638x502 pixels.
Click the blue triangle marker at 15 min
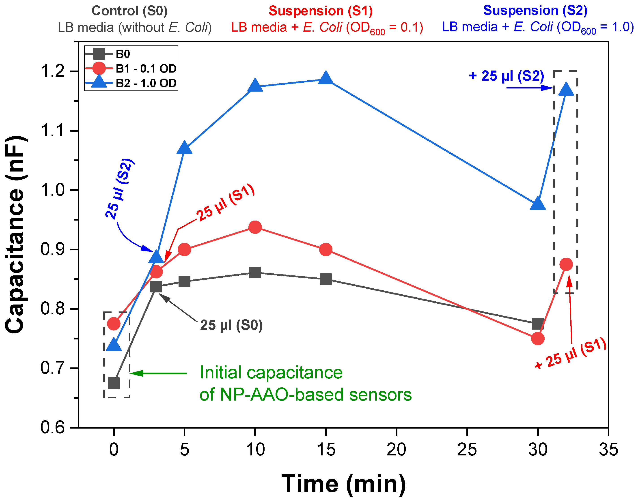pyautogui.click(x=325, y=78)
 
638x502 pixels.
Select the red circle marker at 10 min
pyautogui.click(x=255, y=227)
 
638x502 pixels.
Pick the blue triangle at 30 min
pyautogui.click(x=538, y=204)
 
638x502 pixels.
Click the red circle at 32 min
pyautogui.click(x=566, y=264)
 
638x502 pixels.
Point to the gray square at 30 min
pyautogui.click(x=538, y=324)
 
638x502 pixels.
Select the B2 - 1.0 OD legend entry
pyautogui.click(x=146, y=83)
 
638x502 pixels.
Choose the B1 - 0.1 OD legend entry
pyautogui.click(x=146, y=69)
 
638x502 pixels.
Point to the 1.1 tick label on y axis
pyautogui.click(x=53, y=130)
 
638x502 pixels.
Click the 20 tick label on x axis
pyautogui.click(x=396, y=450)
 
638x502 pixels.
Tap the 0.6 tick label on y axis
pyautogui.click(x=53, y=427)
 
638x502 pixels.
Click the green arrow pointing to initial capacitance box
pyautogui.click(x=158, y=373)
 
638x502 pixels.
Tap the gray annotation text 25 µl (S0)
pyautogui.click(x=231, y=325)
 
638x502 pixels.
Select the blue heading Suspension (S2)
pyautogui.click(x=535, y=11)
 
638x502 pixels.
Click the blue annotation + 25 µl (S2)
pyautogui.click(x=506, y=76)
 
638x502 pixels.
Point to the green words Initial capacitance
pyautogui.click(x=271, y=373)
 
